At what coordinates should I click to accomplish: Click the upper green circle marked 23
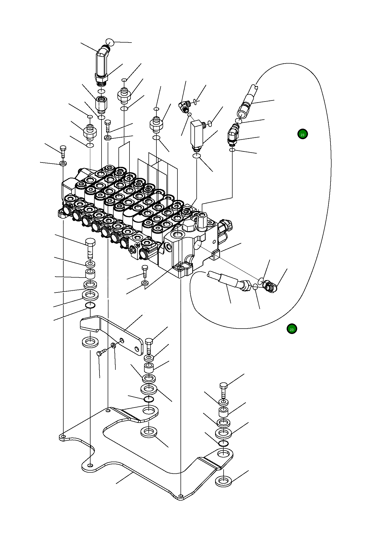[303, 134]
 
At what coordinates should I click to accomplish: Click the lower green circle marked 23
[292, 329]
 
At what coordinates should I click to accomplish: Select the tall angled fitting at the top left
[102, 65]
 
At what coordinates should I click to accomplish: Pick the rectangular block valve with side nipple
[197, 134]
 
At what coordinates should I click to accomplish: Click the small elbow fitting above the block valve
[184, 106]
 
